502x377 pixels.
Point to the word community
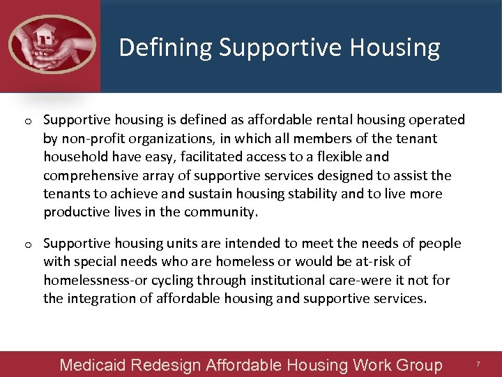click(219, 212)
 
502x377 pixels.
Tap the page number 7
click(478, 364)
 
